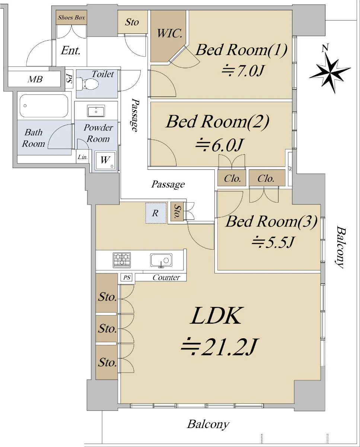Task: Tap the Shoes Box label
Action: click(71, 18)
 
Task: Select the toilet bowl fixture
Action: click(87, 84)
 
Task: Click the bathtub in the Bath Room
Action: click(44, 106)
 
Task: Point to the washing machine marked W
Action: click(105, 160)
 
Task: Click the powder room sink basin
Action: click(96, 111)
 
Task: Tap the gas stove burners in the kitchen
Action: click(122, 260)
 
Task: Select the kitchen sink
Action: click(161, 260)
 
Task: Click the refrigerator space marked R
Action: click(156, 213)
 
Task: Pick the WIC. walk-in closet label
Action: click(170, 33)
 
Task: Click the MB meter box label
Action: click(35, 79)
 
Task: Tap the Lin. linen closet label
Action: click(83, 157)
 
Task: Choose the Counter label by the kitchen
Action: click(166, 278)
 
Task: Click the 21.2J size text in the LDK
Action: click(219, 347)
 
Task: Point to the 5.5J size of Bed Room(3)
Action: click(273, 242)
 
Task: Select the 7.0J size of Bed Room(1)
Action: click(243, 71)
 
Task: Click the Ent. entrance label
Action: click(71, 51)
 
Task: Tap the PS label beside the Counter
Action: click(127, 278)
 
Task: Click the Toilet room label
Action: click(103, 74)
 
